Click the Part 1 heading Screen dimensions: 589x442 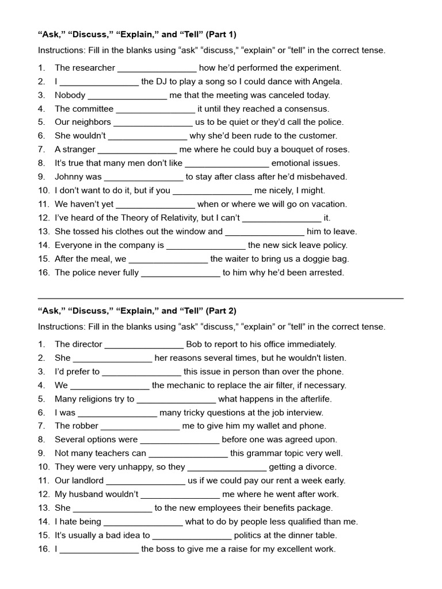click(137, 34)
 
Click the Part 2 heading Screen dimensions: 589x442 click(137, 311)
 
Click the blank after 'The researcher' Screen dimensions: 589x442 click(157, 68)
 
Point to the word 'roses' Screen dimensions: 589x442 click(336, 150)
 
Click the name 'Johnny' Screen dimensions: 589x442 click(69, 177)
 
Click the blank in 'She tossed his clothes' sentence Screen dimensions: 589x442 click(264, 232)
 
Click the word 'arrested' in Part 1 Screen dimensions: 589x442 click(327, 273)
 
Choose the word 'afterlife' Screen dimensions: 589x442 click(314, 399)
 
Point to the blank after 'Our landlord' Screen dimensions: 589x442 click(146, 481)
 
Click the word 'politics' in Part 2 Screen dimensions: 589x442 click(250, 536)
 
